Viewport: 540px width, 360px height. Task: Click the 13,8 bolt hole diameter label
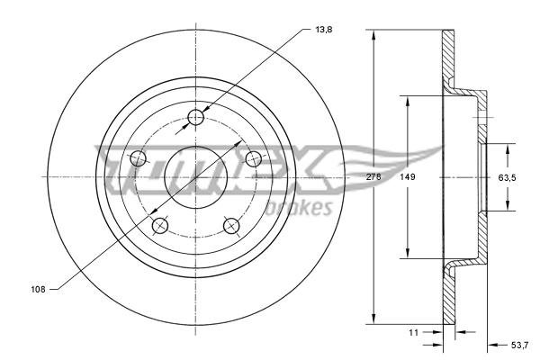tap(322, 30)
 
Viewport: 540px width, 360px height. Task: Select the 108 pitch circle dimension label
tap(38, 289)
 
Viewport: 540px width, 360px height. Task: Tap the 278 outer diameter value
tap(374, 177)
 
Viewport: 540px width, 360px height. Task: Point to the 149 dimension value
tap(408, 177)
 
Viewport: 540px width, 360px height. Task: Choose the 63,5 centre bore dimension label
tap(508, 177)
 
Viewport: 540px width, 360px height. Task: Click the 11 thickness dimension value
tap(414, 332)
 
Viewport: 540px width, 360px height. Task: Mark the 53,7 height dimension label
tap(520, 344)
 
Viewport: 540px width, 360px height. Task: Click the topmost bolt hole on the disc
tap(197, 117)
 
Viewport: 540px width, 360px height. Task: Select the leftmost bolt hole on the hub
tap(139, 159)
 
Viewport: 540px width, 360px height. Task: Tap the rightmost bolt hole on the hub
tap(255, 159)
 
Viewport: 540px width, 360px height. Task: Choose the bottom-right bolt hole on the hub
tap(232, 226)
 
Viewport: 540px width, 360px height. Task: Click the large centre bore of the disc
tap(197, 177)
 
